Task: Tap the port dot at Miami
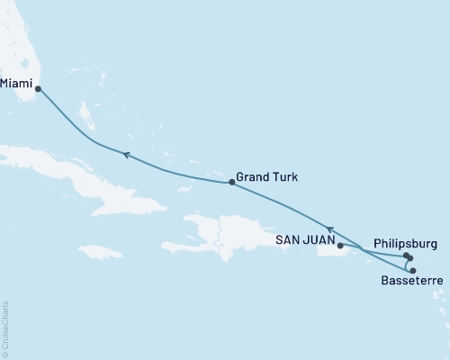(38, 88)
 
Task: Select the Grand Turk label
(265, 177)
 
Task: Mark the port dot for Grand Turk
(232, 183)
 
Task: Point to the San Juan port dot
(339, 244)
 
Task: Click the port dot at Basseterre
(413, 270)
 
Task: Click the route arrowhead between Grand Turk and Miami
(127, 156)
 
